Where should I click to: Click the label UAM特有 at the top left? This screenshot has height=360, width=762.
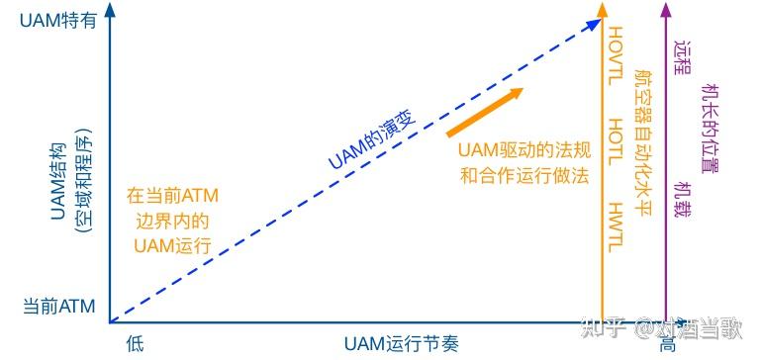coord(58,19)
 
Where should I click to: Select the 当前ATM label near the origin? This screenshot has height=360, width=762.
coord(58,307)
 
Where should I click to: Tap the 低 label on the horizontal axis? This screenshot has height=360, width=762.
coord(136,343)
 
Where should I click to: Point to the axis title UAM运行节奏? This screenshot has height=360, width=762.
coord(402,343)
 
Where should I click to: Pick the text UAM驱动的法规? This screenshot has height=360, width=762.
coord(524,151)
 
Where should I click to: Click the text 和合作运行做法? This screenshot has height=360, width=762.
coord(524,177)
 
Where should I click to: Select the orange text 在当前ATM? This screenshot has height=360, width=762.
coord(173,196)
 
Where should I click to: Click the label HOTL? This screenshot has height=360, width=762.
coord(615,138)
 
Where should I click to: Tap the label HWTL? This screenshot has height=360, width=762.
coord(615,225)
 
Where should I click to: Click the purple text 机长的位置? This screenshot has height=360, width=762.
coord(709,126)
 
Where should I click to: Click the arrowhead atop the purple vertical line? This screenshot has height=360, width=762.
coord(667,12)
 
